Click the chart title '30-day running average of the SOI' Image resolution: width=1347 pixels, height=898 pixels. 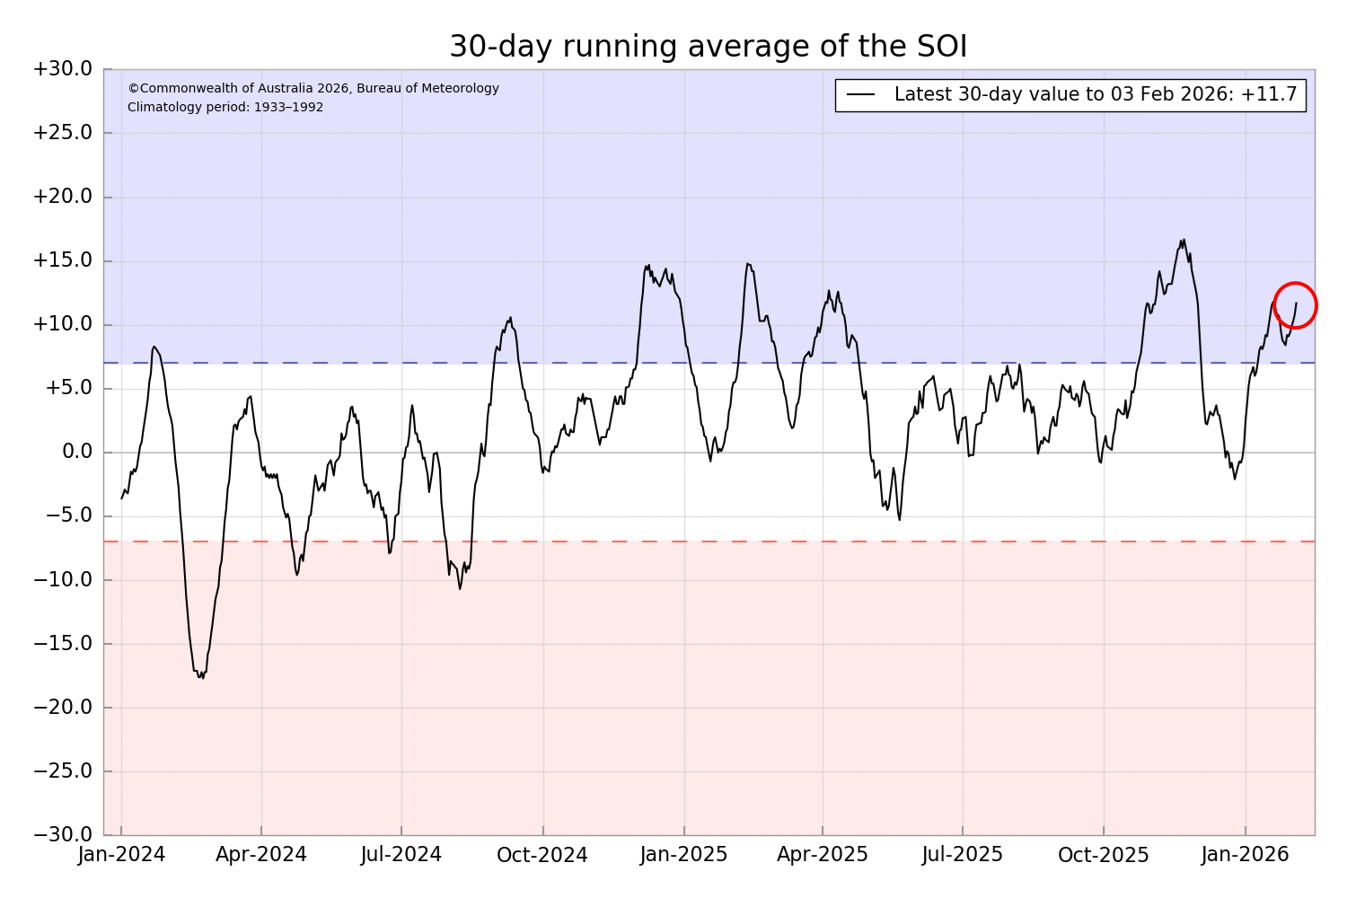click(708, 47)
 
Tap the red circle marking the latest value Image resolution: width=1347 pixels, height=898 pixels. click(1295, 305)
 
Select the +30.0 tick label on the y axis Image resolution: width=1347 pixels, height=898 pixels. click(62, 69)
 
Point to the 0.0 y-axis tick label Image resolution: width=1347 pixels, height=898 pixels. click(76, 452)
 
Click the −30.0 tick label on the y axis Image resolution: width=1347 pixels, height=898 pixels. click(62, 835)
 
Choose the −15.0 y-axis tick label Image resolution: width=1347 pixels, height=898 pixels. click(62, 644)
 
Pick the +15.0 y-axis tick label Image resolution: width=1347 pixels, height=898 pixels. click(62, 260)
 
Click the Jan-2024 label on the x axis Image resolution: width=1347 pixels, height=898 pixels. click(121, 855)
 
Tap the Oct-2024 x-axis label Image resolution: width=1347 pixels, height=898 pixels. click(542, 855)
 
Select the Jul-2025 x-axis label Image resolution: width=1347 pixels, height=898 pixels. click(963, 855)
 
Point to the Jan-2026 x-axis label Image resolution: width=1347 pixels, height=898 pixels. click(1246, 855)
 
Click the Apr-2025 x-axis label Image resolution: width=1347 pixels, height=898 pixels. click(823, 855)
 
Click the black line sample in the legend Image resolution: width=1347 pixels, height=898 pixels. click(860, 95)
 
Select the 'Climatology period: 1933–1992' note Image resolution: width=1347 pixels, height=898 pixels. click(225, 108)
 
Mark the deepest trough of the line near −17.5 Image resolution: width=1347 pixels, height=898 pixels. click(202, 676)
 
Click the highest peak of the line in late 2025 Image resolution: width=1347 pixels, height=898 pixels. click(1183, 241)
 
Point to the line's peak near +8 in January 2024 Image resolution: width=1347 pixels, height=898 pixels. click(154, 347)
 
